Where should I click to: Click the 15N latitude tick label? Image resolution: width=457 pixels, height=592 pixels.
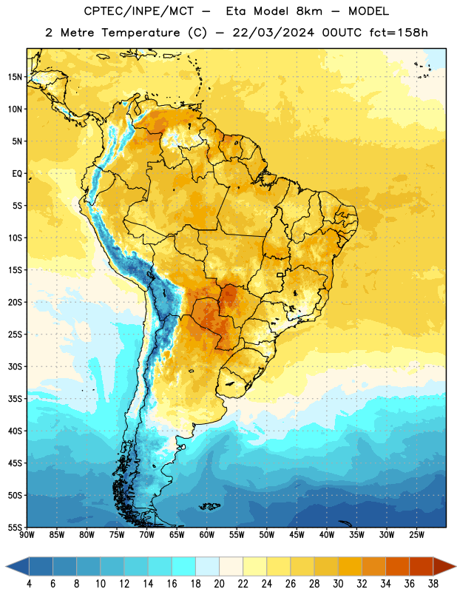15,77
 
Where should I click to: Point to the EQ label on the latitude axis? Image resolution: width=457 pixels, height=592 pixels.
17,174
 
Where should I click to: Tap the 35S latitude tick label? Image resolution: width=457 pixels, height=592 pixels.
15,399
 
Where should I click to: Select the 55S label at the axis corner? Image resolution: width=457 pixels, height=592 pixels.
15,527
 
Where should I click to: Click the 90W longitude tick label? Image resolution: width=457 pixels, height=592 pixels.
27,535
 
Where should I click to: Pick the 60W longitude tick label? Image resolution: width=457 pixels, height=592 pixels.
207,535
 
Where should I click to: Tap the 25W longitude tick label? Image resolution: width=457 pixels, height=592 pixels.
416,535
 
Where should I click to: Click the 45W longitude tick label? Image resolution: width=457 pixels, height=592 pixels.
297,535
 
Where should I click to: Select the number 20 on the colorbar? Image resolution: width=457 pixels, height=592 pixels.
219,584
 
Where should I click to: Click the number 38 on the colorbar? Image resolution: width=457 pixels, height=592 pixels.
433,584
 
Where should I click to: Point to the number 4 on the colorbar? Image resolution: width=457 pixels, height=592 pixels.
29,584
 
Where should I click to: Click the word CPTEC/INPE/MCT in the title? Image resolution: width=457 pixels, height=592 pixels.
138,11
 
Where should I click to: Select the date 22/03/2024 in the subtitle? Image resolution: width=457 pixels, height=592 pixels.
273,33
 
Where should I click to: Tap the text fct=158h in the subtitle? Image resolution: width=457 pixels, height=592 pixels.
399,33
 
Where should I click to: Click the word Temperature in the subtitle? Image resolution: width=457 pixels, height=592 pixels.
141,33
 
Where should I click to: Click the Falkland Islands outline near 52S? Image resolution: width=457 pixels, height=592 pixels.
209,506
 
